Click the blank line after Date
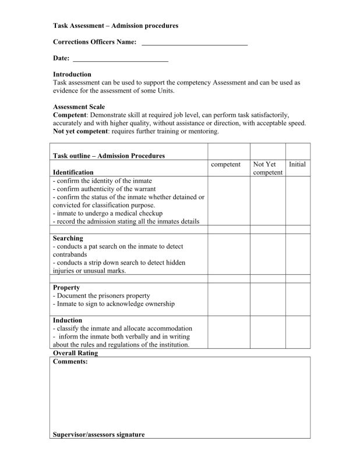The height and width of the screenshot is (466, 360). point(121,59)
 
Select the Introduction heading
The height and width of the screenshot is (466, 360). point(72,75)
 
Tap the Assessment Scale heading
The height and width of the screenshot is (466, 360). point(79,107)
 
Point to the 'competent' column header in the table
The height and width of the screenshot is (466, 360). point(226,165)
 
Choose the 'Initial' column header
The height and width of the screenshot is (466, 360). point(297,165)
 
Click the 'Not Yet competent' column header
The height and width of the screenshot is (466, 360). point(268,169)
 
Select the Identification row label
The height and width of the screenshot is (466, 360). point(73,172)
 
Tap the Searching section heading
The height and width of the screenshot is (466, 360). point(68,238)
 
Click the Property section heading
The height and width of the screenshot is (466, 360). point(66,288)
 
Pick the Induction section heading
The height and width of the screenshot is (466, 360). point(68,320)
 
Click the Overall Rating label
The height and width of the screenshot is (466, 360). point(76,353)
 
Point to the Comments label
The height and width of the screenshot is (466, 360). point(70,361)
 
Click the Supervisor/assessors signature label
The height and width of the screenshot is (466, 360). point(98,435)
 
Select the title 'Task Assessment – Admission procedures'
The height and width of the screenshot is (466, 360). point(115,26)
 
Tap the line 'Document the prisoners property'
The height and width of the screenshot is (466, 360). point(102,296)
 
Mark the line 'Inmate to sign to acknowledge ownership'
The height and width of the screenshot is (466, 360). point(114,304)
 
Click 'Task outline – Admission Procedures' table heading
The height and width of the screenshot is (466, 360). point(109,156)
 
